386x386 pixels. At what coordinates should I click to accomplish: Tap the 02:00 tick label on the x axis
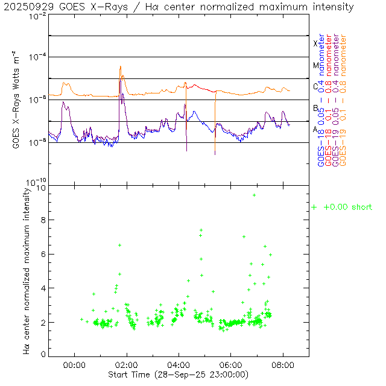[126, 364]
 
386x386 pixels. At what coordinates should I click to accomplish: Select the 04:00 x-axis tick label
[178, 364]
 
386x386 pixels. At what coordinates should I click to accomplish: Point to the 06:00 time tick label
[230, 364]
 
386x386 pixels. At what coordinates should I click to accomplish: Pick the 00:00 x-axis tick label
[74, 364]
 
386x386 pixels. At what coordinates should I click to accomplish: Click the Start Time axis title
[179, 375]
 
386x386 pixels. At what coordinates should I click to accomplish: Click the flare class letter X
[315, 43]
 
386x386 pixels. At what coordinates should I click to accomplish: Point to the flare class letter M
[315, 65]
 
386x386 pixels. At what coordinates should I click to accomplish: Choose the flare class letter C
[315, 86]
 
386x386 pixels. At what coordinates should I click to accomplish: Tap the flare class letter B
[315, 108]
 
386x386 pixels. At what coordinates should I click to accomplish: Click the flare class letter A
[315, 129]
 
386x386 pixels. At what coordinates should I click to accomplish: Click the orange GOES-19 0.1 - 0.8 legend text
[344, 100]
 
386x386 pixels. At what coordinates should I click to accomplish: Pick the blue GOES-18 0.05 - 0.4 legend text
[321, 100]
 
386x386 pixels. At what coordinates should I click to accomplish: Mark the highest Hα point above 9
[254, 195]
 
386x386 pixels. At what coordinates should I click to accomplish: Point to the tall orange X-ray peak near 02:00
[121, 67]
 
